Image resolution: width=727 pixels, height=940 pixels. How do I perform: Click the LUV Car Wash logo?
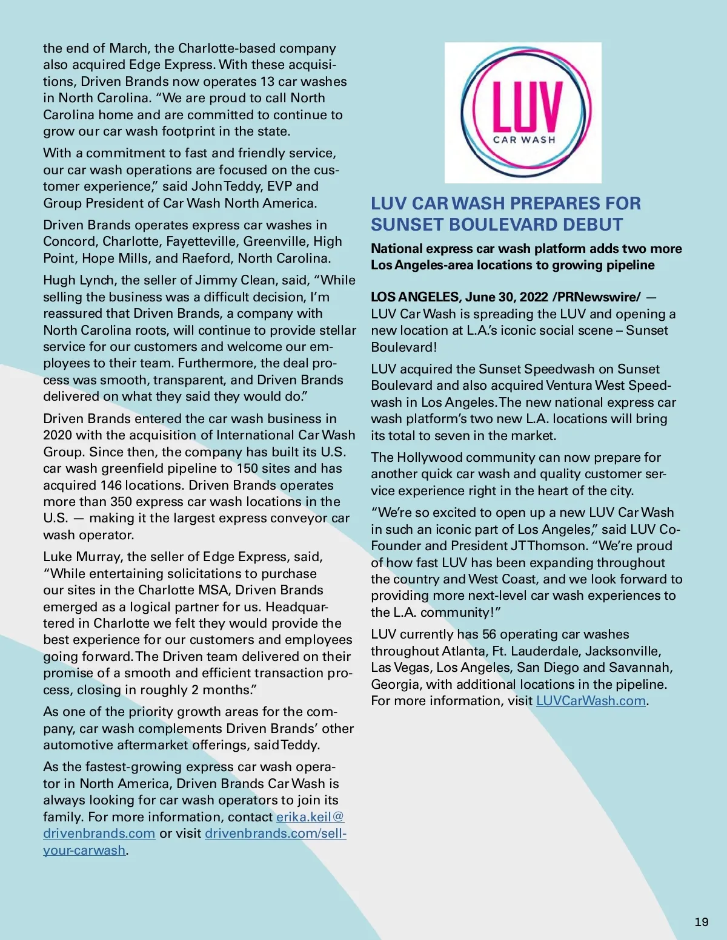(523, 113)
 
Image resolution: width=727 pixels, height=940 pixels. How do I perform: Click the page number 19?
(702, 922)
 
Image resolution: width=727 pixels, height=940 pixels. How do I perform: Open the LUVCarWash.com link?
(591, 701)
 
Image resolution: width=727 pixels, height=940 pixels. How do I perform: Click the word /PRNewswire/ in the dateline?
(596, 297)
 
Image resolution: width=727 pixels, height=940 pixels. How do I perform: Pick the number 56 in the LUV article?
(490, 634)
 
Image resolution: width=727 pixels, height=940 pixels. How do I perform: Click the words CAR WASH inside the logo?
(523, 140)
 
